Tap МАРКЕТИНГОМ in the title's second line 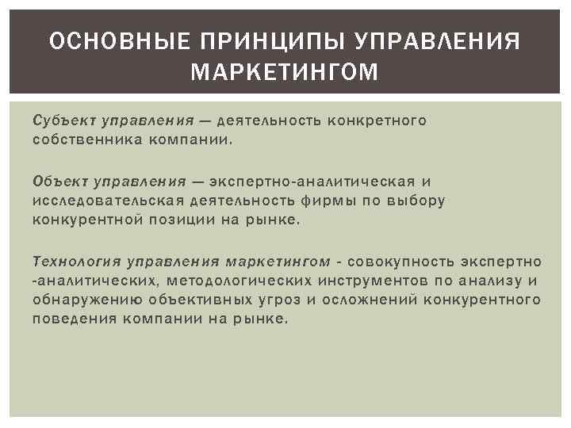(x=285, y=73)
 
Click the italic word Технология (x=76, y=261)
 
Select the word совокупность (x=393, y=261)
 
